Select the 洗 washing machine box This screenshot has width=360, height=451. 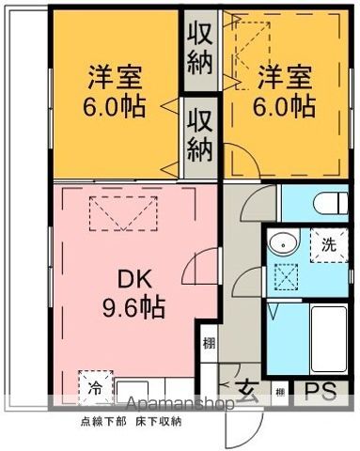pyautogui.click(x=329, y=244)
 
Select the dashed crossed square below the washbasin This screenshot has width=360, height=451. pyautogui.click(x=283, y=278)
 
